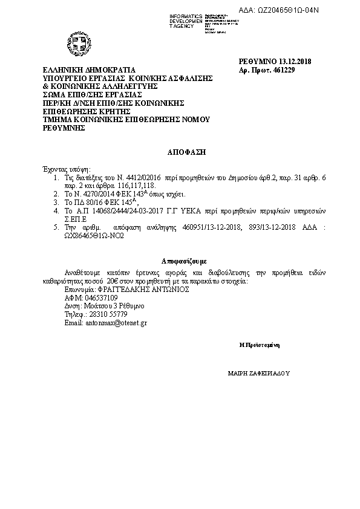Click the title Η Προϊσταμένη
tap(259, 345)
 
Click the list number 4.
tap(56, 211)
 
